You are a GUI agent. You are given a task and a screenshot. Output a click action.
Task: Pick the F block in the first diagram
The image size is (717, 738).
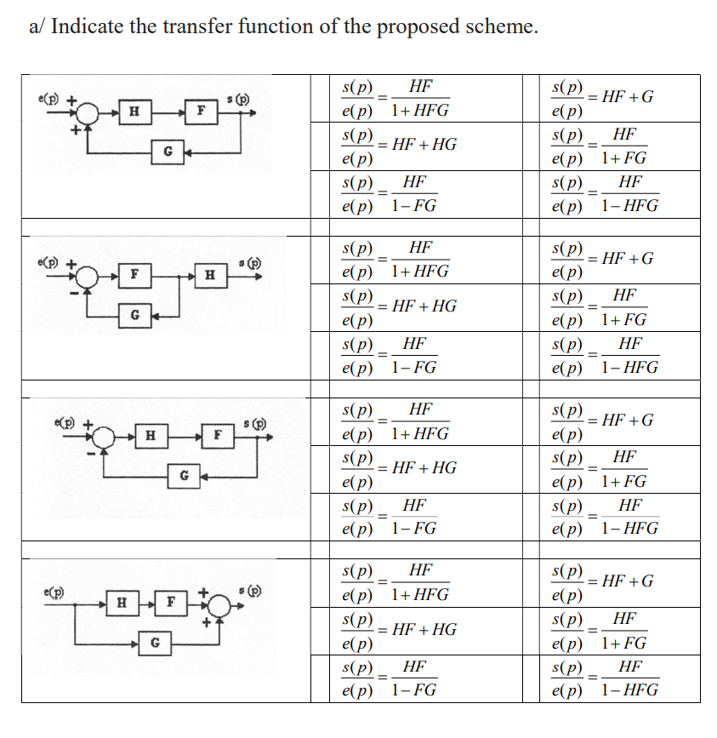click(x=201, y=111)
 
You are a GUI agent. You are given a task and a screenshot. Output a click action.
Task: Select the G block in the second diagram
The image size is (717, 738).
click(x=134, y=315)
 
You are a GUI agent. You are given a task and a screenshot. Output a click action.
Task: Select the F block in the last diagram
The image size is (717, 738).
click(x=171, y=603)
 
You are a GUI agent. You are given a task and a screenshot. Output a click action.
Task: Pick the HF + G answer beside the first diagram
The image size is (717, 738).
click(x=603, y=98)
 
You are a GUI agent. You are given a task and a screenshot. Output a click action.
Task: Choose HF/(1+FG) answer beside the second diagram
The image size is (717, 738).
click(x=603, y=308)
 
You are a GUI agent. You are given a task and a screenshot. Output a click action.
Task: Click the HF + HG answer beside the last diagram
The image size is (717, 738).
click(x=399, y=630)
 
